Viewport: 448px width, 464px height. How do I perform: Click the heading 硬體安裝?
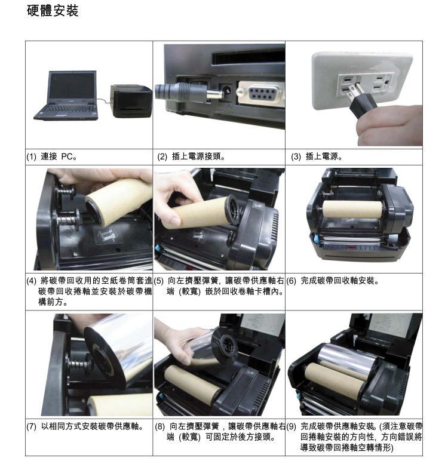(x=53, y=11)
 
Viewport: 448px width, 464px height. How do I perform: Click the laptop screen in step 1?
(x=72, y=86)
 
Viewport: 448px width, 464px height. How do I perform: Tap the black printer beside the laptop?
(x=131, y=101)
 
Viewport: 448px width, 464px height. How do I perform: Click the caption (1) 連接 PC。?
(x=52, y=157)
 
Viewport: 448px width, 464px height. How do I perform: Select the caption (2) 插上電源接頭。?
(x=191, y=157)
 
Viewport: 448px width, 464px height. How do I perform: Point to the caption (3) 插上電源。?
(x=317, y=157)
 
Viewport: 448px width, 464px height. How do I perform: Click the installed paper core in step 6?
(x=352, y=209)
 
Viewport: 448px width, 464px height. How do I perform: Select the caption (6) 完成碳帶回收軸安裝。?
(x=333, y=281)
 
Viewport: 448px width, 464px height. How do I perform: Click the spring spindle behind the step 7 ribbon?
(x=77, y=364)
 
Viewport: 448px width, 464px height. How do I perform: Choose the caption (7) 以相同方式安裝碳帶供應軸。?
(x=85, y=427)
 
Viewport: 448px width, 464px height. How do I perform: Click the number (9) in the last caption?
(x=291, y=427)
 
